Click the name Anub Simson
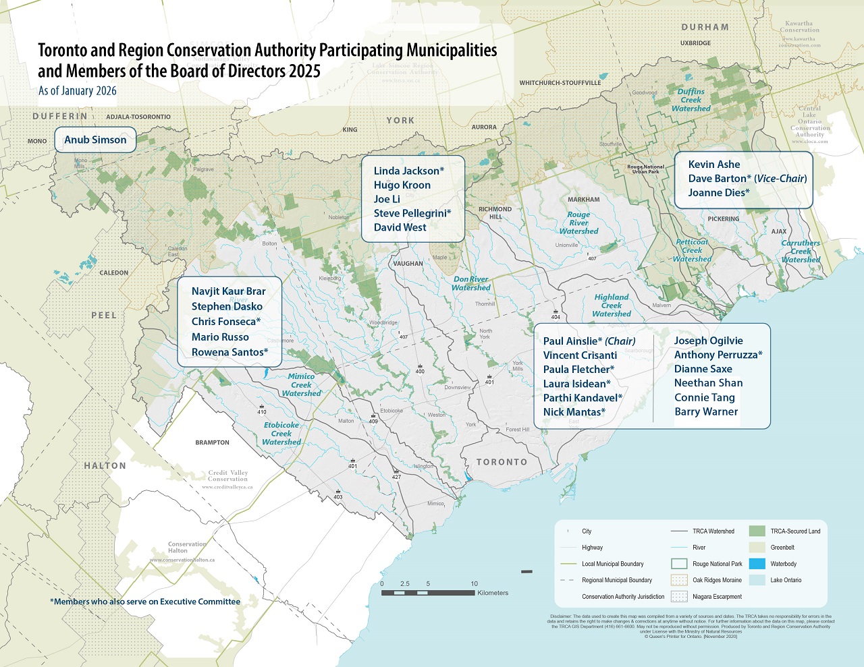(95, 140)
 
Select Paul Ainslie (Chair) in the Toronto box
(589, 341)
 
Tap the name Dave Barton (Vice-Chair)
(747, 179)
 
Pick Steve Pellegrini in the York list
(412, 213)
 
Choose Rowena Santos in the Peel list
(230, 352)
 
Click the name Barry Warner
(706, 411)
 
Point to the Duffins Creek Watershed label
(691, 100)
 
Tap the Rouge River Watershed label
(578, 223)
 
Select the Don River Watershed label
(471, 283)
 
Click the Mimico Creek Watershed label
(301, 385)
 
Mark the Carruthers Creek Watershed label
(801, 251)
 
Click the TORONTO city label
(502, 462)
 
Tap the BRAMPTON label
(212, 442)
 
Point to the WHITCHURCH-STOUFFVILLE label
(560, 83)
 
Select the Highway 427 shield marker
(396, 476)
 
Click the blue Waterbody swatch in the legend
(757, 564)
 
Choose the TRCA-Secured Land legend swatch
(757, 531)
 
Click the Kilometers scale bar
(428, 593)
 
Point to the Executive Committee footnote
(145, 602)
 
